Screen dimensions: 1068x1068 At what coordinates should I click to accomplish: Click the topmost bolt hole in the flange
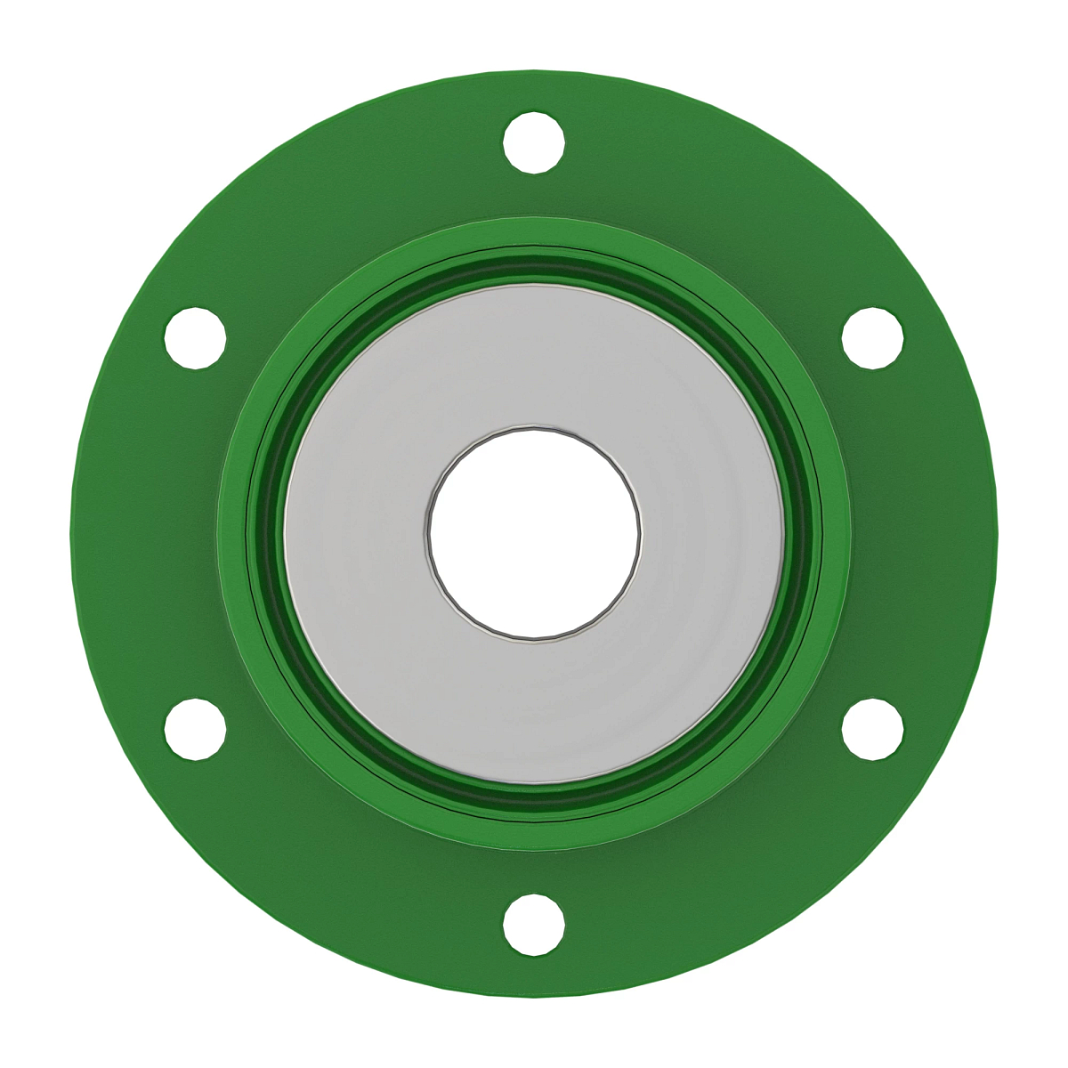[x=534, y=142]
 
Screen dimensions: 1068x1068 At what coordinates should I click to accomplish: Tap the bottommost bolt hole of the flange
[x=534, y=926]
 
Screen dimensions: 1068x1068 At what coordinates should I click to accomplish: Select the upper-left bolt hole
[x=195, y=338]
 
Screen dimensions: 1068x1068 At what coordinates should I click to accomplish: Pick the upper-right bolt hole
[x=873, y=338]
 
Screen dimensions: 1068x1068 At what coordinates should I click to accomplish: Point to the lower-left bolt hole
[x=195, y=730]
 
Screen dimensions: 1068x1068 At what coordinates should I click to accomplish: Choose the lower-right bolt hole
[x=873, y=730]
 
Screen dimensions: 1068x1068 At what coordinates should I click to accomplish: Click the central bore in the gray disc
[x=534, y=532]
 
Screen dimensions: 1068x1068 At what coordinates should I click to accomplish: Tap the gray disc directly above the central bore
[x=534, y=356]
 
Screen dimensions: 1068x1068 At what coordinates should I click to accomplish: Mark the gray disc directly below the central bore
[x=534, y=712]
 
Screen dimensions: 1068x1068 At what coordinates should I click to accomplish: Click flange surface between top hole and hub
[x=534, y=196]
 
